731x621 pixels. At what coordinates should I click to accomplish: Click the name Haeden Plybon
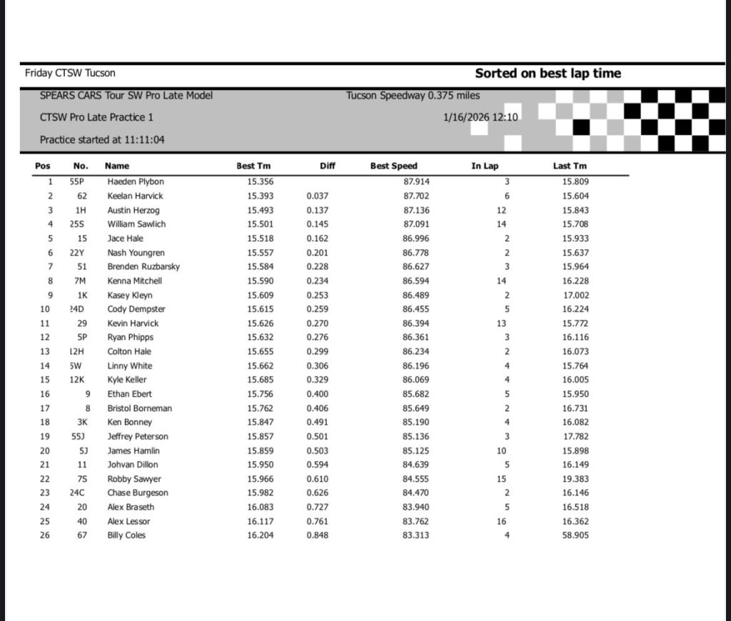136,181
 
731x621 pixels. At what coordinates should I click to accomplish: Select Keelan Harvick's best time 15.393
261,196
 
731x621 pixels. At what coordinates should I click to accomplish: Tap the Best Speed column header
393,166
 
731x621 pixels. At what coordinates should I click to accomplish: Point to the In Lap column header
485,166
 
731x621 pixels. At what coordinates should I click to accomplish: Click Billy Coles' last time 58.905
575,535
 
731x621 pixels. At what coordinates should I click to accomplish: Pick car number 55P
78,181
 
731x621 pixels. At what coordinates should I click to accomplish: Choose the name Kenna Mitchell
135,281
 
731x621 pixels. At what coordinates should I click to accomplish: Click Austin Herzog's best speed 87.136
416,210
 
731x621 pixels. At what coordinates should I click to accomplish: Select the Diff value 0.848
318,535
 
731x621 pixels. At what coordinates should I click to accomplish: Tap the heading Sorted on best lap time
548,73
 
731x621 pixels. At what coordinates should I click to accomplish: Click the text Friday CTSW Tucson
70,73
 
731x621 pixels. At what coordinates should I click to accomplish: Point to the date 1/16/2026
465,117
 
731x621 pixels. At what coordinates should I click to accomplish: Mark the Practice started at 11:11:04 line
102,140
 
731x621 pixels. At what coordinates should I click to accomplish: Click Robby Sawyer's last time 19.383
575,479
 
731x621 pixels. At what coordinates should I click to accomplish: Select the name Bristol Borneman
139,408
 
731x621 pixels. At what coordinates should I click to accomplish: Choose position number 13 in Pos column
46,351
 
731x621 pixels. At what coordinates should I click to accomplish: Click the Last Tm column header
570,166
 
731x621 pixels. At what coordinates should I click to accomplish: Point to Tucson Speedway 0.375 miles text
413,96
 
